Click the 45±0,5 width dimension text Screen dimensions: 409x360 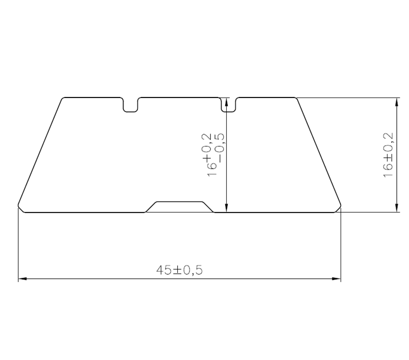pyautogui.click(x=179, y=270)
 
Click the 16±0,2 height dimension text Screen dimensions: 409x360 pyautogui.click(x=389, y=155)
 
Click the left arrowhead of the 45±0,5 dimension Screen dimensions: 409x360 pyautogui.click(x=22, y=279)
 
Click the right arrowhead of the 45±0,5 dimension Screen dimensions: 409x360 pyautogui.click(x=336, y=279)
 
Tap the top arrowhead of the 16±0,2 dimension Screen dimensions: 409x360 pyautogui.click(x=397, y=102)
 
